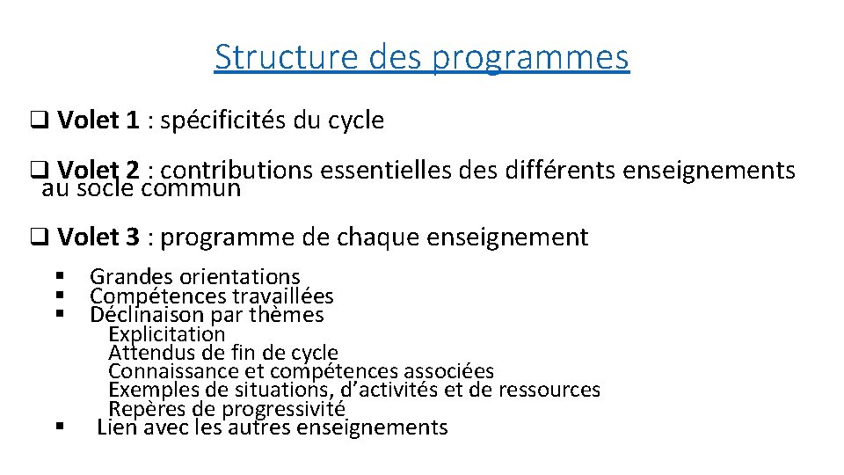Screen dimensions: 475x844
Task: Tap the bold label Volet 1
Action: pyautogui.click(x=98, y=121)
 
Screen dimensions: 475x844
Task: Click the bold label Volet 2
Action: pyautogui.click(x=98, y=170)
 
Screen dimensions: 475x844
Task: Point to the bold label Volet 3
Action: pyautogui.click(x=98, y=237)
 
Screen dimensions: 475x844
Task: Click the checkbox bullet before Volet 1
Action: pyautogui.click(x=39, y=121)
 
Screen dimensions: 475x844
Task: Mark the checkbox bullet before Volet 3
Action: pyautogui.click(x=39, y=237)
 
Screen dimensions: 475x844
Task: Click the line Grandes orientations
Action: pyautogui.click(x=194, y=278)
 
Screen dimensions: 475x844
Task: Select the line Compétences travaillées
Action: pyautogui.click(x=211, y=296)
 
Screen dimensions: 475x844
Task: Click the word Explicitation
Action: pyautogui.click(x=166, y=334)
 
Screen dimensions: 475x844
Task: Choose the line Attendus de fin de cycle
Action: pyautogui.click(x=222, y=353)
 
